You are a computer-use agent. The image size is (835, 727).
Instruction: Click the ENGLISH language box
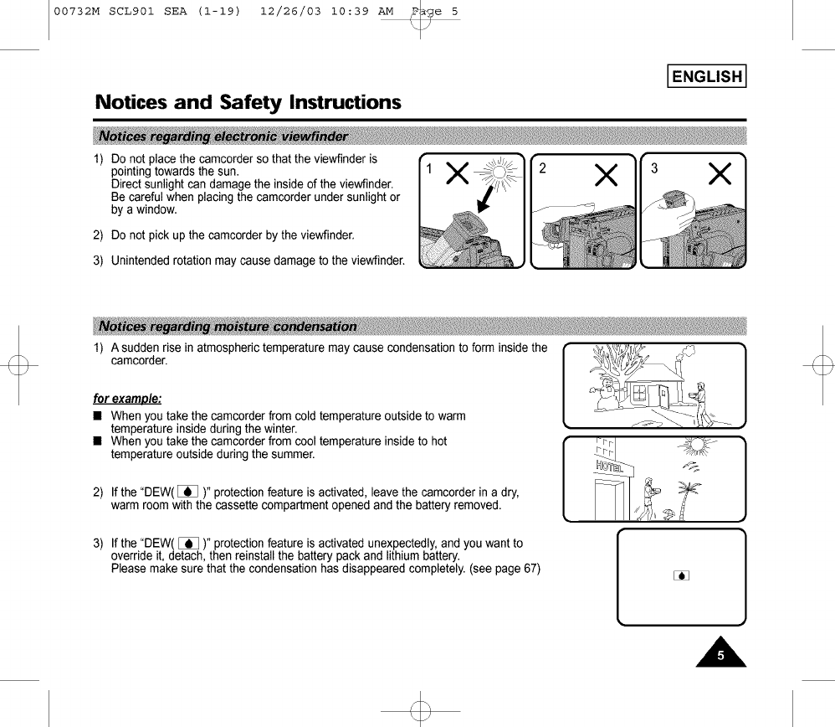706,77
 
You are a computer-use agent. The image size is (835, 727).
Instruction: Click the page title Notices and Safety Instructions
248,103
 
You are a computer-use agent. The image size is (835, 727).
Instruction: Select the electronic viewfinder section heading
223,137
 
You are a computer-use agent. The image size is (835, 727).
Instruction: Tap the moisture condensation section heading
228,326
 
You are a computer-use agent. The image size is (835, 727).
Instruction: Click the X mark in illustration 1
457,173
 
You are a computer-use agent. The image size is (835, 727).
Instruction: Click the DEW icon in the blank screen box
682,575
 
